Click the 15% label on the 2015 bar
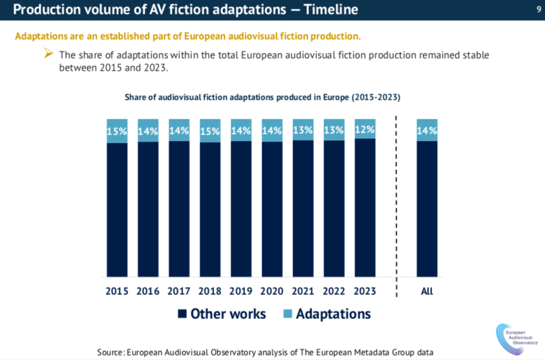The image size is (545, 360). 117,131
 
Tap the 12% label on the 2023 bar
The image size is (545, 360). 365,129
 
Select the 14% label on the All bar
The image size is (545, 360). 427,131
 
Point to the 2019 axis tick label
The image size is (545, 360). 241,291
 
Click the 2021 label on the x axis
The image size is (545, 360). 303,291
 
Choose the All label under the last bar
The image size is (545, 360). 427,291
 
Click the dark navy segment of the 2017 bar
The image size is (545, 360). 179,208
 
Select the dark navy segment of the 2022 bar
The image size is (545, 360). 334,208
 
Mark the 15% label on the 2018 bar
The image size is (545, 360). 210,131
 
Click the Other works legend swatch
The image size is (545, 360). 183,314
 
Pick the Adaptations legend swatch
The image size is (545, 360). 287,314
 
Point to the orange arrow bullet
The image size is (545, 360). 49,54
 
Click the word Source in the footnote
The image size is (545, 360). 110,351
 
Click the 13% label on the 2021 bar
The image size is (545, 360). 303,130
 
